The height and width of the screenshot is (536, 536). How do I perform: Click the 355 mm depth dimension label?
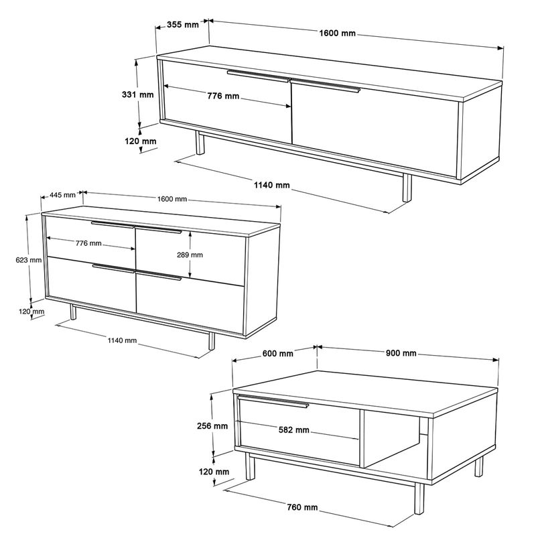click(182, 25)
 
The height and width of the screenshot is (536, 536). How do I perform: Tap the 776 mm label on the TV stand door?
click(223, 96)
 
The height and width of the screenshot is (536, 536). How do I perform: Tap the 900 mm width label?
click(400, 354)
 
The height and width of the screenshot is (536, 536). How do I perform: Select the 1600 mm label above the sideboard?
click(172, 199)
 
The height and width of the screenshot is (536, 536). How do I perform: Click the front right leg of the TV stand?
click(407, 188)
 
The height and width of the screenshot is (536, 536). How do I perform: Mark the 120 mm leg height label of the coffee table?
click(214, 473)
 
